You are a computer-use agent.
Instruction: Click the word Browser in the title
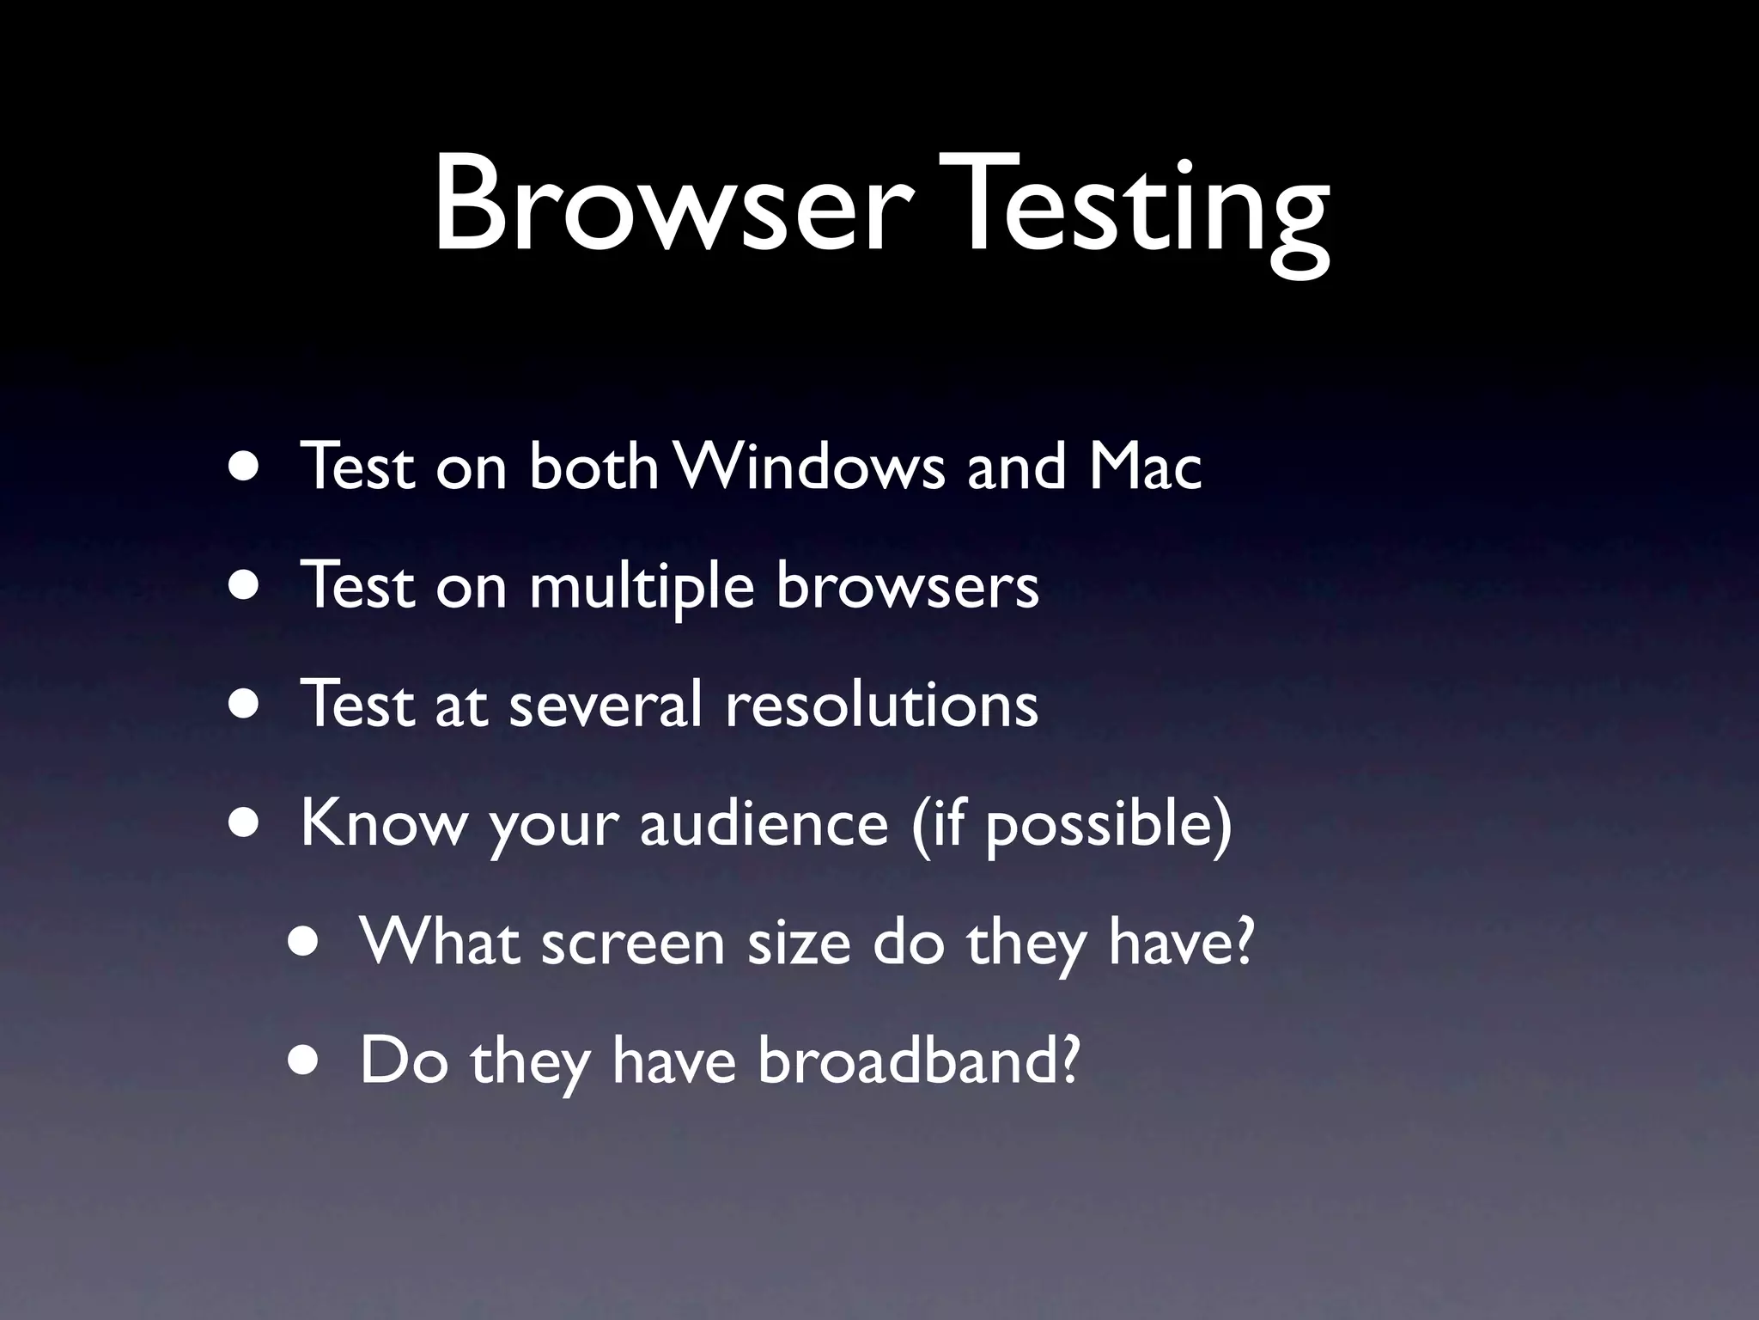point(666,206)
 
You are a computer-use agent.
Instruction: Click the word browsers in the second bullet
point(907,585)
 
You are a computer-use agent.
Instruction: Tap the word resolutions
point(881,704)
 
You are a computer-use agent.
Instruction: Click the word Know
point(383,822)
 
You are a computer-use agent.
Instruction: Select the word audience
point(764,822)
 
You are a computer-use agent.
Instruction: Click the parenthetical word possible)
point(1107,825)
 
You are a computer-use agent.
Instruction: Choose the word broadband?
point(917,1060)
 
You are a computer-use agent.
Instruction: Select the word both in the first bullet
point(593,466)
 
